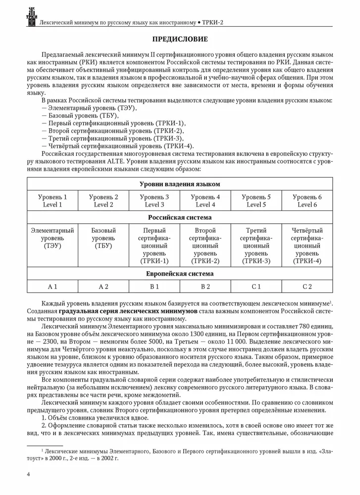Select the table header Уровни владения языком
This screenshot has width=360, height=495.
click(x=180, y=184)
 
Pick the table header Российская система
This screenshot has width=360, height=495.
click(x=180, y=217)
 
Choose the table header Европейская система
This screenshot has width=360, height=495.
click(x=180, y=273)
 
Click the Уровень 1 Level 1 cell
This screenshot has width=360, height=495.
click(x=52, y=200)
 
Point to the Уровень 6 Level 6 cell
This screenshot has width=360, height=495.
click(x=307, y=200)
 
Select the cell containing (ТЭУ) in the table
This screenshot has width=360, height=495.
click(x=52, y=246)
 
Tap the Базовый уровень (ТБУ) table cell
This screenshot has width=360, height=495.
click(x=103, y=238)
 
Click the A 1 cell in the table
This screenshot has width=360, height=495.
click(x=52, y=286)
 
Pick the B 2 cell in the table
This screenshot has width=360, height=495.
click(x=205, y=286)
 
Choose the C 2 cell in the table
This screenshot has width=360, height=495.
click(x=307, y=286)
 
